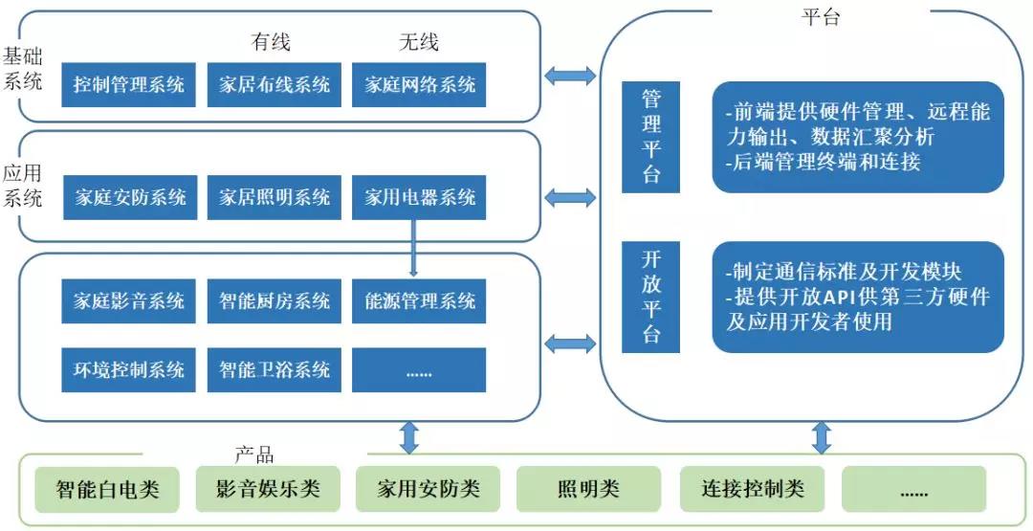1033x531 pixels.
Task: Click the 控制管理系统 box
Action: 128,84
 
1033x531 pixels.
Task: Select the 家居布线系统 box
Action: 274,84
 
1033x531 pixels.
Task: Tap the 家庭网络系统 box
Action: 419,84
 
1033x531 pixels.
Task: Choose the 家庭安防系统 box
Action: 128,198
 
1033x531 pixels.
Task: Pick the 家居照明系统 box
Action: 274,198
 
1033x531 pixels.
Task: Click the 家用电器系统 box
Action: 419,198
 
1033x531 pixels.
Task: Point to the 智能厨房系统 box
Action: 274,301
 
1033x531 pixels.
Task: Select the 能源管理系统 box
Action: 419,301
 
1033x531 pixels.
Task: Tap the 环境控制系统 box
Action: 128,369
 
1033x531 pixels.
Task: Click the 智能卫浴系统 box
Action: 274,369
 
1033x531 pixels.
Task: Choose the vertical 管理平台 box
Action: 651,137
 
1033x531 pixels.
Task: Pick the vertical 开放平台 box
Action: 651,297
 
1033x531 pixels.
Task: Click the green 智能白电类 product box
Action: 107,491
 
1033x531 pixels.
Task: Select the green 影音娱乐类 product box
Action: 261,489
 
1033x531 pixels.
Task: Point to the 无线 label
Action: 418,42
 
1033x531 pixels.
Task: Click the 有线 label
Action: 271,42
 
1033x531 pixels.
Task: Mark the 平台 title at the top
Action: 820,17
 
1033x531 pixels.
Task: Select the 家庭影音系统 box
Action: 128,301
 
